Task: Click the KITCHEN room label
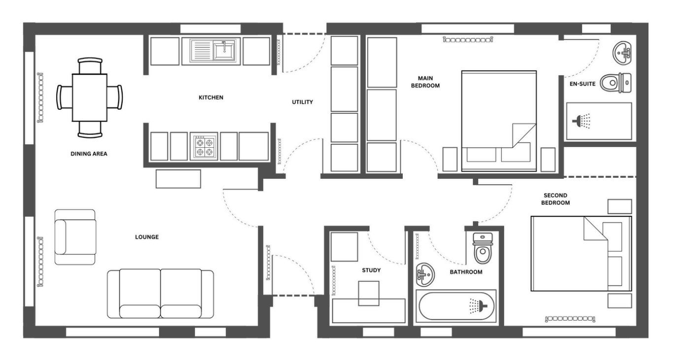211,98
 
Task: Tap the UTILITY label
302,102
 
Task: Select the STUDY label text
371,270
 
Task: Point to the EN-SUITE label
583,84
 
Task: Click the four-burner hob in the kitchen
204,146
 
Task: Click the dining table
90,98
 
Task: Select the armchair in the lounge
75,237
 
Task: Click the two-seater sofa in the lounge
161,294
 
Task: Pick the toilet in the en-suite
616,83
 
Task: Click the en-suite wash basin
622,53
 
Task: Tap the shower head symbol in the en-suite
582,121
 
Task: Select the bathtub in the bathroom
456,306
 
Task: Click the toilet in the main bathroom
483,248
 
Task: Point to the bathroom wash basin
425,275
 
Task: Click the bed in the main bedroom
499,121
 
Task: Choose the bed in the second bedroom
581,254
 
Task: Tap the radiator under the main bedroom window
468,39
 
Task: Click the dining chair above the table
90,65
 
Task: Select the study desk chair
369,294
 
